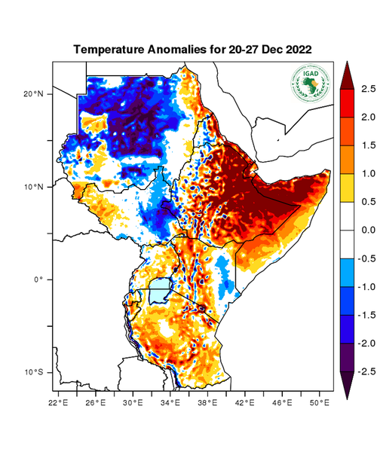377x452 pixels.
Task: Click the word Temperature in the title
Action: pyautogui.click(x=111, y=49)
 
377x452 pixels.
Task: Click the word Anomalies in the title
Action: pyautogui.click(x=177, y=49)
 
